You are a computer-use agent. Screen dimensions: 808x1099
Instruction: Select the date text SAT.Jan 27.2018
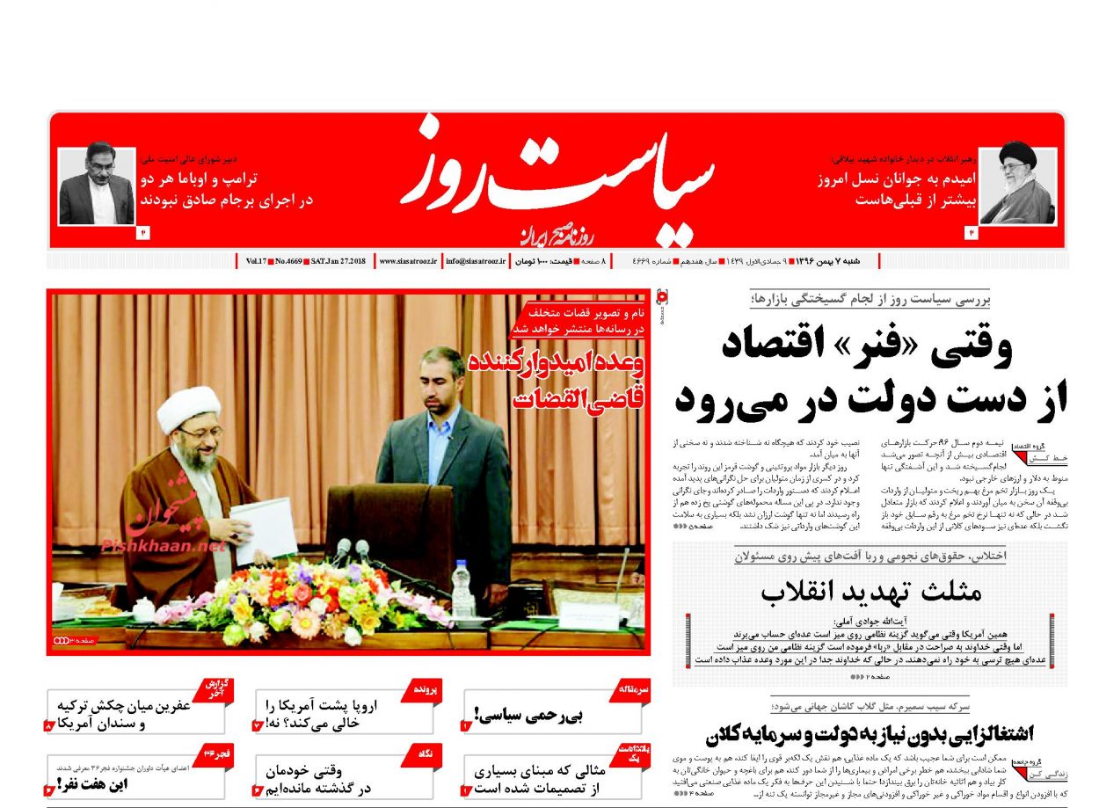coord(339,261)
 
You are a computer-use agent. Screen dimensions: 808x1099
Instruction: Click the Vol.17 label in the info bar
coord(256,261)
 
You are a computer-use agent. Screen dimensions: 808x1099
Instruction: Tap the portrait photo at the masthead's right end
coord(1017,186)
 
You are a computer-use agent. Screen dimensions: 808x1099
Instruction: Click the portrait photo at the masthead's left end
coord(97,186)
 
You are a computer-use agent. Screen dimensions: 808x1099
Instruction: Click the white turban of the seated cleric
coord(188,408)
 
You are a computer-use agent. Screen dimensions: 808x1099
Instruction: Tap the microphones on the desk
coord(352,551)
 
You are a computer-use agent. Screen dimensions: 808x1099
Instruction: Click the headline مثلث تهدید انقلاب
coord(871,592)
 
